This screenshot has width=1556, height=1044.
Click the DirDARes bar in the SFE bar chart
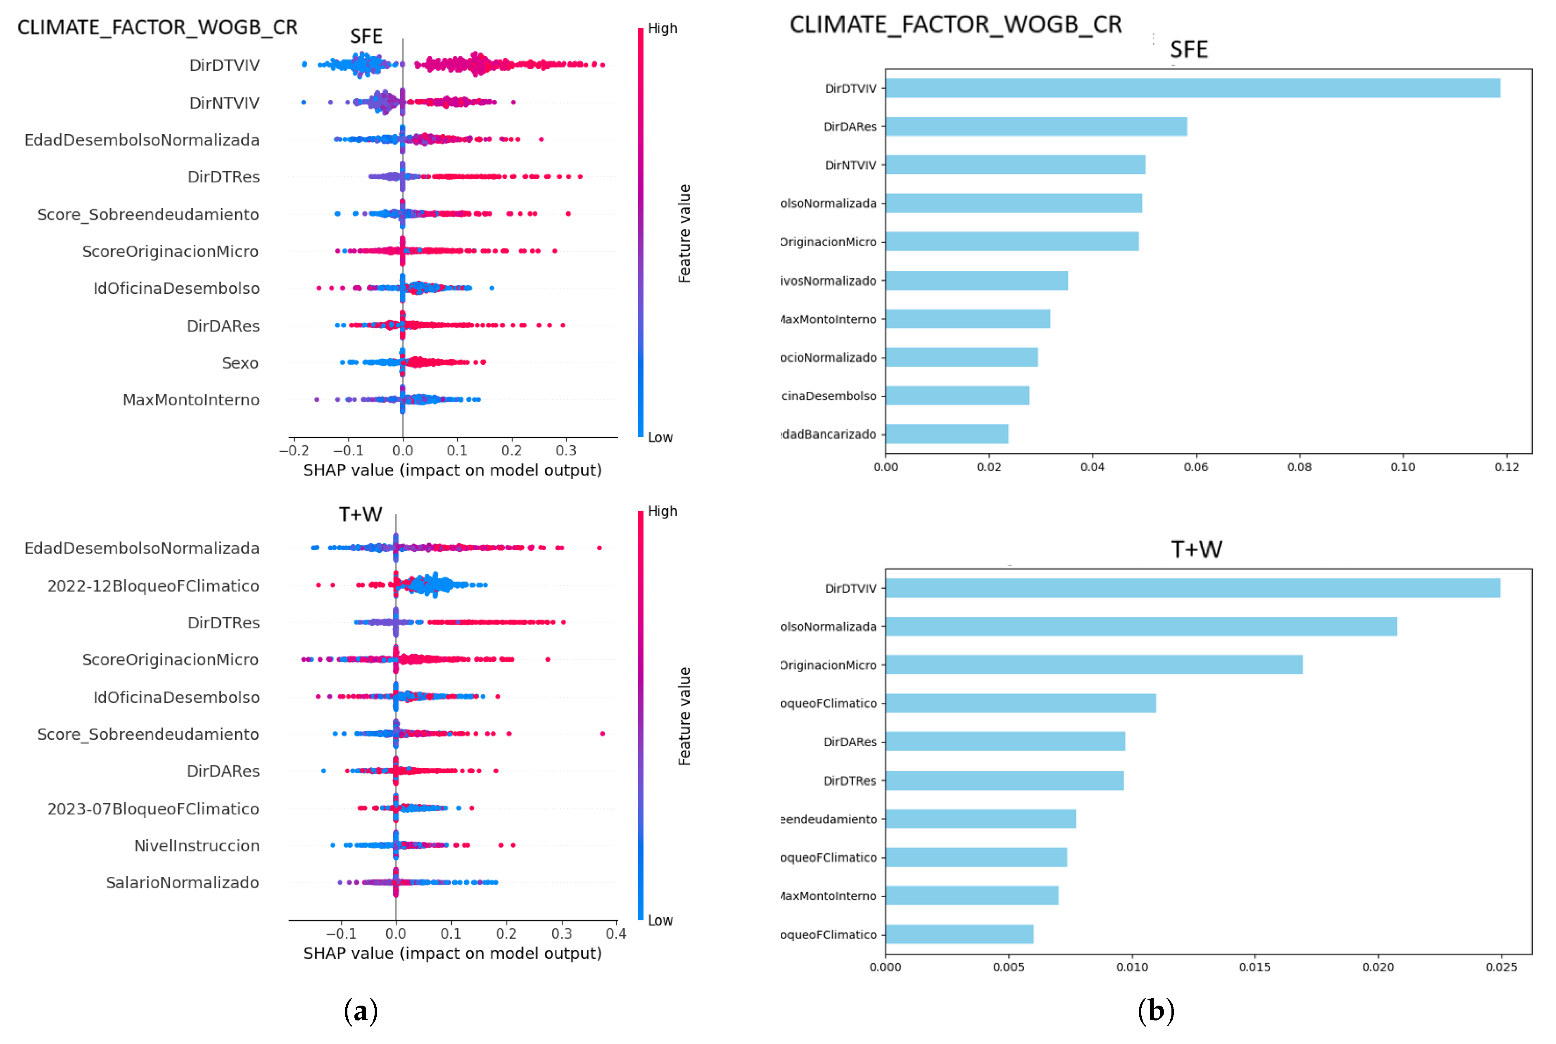click(1036, 126)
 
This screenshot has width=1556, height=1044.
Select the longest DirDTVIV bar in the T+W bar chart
click(1193, 588)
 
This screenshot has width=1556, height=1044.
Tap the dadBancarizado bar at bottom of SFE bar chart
click(946, 434)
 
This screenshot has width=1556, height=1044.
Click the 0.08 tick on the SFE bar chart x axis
click(1299, 467)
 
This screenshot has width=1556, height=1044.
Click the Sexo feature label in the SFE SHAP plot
click(240, 363)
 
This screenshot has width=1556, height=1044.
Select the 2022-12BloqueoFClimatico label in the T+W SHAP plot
click(153, 586)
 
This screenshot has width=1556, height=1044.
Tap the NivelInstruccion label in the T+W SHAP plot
click(197, 845)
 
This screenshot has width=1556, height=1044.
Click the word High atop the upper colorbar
click(662, 28)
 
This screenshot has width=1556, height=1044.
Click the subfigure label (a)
click(360, 1011)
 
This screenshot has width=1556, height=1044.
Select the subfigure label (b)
click(1156, 1011)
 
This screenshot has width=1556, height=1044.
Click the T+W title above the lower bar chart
click(1196, 549)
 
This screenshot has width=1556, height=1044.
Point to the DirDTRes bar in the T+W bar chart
click(1004, 780)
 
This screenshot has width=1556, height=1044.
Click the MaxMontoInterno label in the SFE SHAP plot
click(191, 400)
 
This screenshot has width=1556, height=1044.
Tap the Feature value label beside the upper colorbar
click(684, 233)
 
